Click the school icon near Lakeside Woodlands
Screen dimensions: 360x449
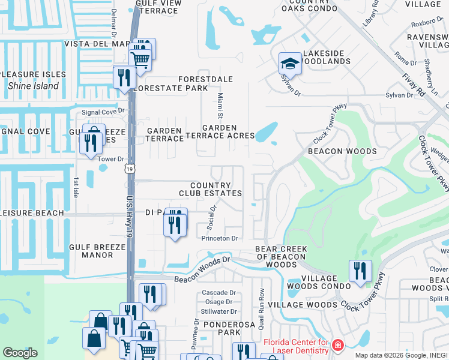290,62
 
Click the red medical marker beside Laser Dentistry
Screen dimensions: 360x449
337,346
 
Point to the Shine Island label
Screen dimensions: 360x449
34,86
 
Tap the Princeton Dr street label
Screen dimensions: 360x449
220,238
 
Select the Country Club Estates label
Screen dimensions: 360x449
210,189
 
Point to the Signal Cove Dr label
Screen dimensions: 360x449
103,111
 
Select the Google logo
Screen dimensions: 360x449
20,353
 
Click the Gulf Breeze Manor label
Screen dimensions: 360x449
91,251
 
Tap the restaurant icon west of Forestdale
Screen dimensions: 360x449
123,77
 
